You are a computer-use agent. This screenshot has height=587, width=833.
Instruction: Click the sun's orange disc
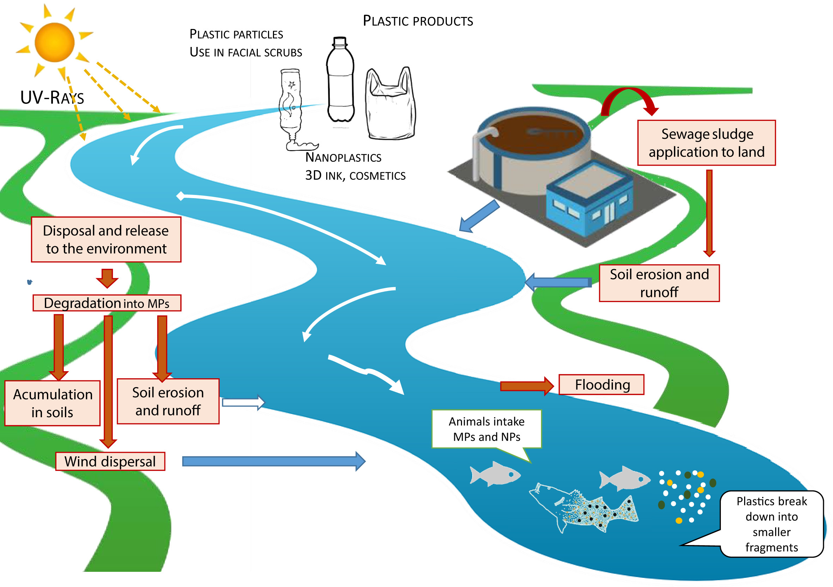click(x=54, y=42)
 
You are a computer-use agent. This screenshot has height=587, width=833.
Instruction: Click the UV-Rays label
click(x=52, y=98)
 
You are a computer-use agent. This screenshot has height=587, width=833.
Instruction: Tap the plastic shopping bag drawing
click(x=390, y=105)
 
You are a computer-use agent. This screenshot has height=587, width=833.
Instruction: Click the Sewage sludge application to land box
click(x=706, y=143)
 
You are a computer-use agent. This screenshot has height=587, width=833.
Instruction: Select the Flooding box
click(x=601, y=384)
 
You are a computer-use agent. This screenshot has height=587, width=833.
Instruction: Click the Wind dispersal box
click(x=110, y=461)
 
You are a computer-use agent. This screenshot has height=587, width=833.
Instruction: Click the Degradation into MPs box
click(x=107, y=303)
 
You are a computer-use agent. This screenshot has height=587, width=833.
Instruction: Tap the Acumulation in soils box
click(x=52, y=403)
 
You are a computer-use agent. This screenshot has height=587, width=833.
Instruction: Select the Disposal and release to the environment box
click(x=106, y=239)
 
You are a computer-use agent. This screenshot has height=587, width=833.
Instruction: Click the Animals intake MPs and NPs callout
click(x=486, y=429)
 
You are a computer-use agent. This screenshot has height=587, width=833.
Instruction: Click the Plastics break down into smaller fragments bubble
click(x=771, y=523)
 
